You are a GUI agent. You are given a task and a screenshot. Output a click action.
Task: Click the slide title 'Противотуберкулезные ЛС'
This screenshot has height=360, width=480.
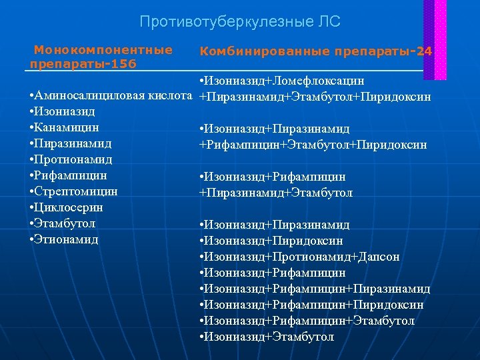(240, 22)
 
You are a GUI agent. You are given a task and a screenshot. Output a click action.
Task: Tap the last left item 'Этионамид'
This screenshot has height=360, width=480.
(68, 239)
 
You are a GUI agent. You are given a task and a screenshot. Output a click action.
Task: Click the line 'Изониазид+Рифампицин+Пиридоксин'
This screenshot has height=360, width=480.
(314, 305)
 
